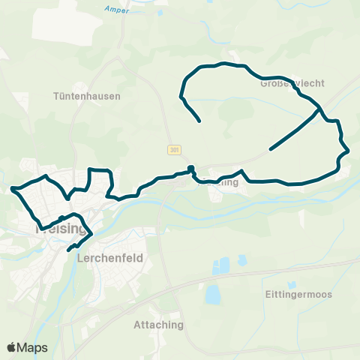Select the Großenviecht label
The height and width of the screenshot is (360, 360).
click(x=292, y=83)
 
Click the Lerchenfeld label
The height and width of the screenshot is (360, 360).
click(x=109, y=257)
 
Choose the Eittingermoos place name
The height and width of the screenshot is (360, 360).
click(x=298, y=293)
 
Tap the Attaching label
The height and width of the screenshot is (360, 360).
click(x=157, y=325)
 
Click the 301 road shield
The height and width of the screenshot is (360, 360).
click(x=175, y=149)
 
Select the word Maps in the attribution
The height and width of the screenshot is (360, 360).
click(x=34, y=347)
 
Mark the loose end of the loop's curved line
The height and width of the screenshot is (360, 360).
click(x=199, y=121)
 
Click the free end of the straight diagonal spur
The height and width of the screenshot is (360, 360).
click(x=270, y=149)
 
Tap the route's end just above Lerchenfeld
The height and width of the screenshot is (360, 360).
click(x=68, y=250)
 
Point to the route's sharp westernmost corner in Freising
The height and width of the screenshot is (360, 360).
click(x=13, y=189)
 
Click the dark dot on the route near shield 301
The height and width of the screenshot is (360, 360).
click(x=191, y=168)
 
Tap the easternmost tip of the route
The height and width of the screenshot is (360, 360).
click(x=349, y=152)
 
